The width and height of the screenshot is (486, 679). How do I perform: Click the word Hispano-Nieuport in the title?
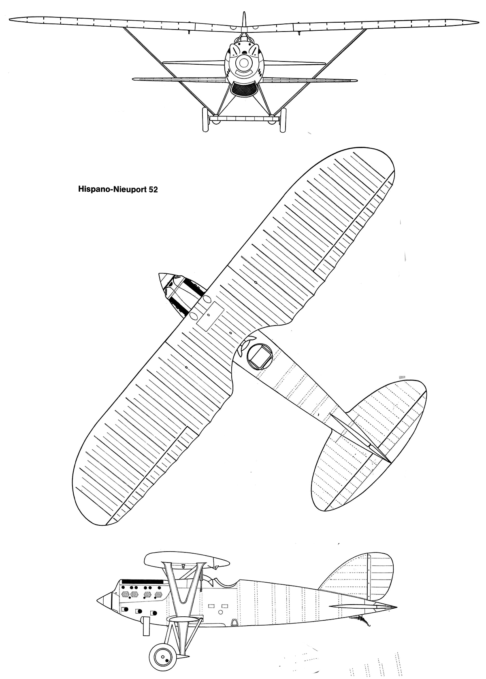(x=113, y=189)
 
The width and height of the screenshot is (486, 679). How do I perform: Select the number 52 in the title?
(x=153, y=189)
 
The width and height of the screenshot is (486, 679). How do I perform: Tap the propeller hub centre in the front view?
(x=243, y=62)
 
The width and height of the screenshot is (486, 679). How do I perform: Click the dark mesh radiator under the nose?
(x=244, y=90)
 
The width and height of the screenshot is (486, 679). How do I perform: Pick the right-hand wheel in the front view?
(x=283, y=119)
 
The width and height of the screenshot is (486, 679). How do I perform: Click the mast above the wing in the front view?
(x=243, y=21)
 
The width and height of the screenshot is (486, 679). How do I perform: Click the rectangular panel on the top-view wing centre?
(x=210, y=316)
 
